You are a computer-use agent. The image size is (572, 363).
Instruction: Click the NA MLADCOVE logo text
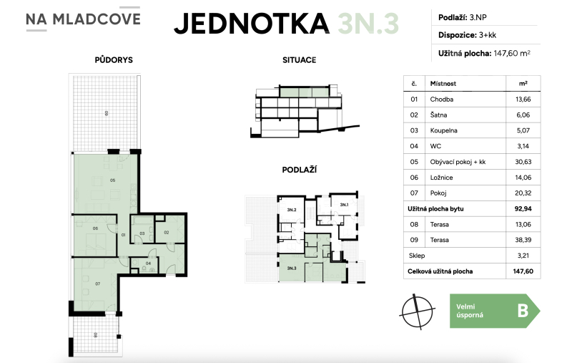[x=82, y=21]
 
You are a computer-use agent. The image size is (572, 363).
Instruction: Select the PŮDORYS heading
[x=114, y=60]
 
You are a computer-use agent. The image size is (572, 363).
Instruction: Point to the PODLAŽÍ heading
[x=300, y=170]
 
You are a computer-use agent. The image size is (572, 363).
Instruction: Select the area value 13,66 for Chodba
[x=522, y=99]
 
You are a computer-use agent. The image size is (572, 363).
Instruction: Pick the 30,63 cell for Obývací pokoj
[x=522, y=162]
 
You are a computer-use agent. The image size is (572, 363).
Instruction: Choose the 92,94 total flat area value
[x=522, y=209]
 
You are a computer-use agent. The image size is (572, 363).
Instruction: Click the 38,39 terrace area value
[x=522, y=240]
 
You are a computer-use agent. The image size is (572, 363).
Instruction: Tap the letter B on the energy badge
[x=522, y=310]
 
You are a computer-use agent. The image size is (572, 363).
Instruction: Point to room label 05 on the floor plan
[x=112, y=180]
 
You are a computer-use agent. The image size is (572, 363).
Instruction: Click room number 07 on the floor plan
[x=97, y=284]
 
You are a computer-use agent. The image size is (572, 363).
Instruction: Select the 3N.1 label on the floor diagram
[x=343, y=205]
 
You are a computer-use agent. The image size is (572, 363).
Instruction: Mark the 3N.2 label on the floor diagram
[x=291, y=210]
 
